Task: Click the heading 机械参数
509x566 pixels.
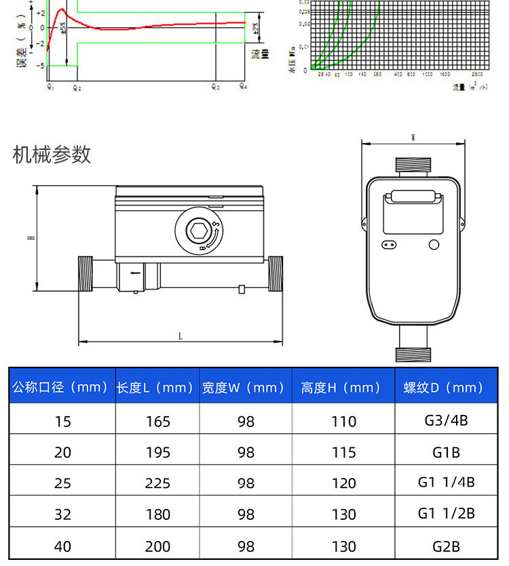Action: point(52,155)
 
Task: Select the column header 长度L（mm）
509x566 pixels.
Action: point(157,387)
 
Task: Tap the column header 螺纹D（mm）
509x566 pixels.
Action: point(445,387)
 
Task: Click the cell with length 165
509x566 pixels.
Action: point(157,421)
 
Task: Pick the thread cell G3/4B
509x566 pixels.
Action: point(446,420)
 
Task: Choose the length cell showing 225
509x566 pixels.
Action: point(157,483)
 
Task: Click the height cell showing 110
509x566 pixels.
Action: point(343,421)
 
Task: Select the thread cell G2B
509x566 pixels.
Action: point(446,546)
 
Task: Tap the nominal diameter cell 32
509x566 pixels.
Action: point(62,514)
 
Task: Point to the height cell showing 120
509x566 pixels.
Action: point(343,483)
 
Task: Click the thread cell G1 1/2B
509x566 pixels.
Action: point(446,514)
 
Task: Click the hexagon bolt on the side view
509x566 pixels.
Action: point(198,231)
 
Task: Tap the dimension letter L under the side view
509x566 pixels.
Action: point(180,336)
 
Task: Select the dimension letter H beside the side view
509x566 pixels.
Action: point(31,238)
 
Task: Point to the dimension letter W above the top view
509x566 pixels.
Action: point(413,138)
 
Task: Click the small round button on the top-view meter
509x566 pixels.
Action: point(434,245)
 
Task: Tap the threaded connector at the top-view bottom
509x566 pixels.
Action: point(413,353)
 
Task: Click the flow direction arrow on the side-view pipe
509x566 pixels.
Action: point(136,273)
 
